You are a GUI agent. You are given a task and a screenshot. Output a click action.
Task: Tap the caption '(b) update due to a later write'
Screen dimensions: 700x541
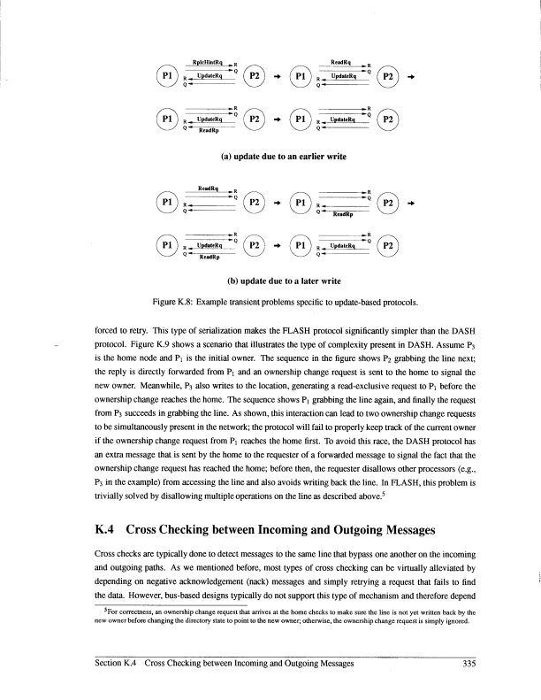pos(270,281)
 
